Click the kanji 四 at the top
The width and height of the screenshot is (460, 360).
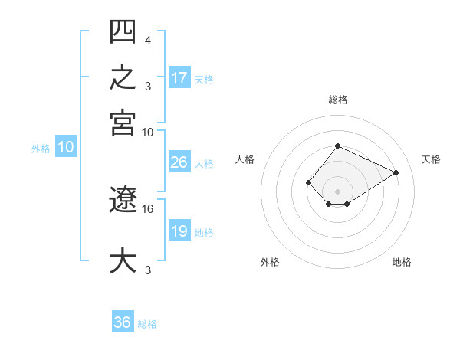[123, 31]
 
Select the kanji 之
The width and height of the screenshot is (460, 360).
[123, 77]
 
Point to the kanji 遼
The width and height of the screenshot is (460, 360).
[123, 199]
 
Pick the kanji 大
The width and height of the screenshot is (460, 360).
[123, 260]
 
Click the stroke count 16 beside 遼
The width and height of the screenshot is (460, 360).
[147, 209]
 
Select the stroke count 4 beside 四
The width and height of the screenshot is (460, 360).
[148, 40]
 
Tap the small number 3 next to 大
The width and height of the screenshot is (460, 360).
[148, 270]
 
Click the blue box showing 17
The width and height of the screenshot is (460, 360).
[180, 77]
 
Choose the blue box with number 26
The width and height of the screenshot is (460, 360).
[180, 162]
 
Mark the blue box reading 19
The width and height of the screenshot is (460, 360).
[180, 230]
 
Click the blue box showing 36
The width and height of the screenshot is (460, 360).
[123, 321]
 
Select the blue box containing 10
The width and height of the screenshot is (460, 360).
[66, 146]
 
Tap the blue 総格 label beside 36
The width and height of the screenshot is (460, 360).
[147, 324]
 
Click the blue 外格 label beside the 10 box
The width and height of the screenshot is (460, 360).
[41, 149]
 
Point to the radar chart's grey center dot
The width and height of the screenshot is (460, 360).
[337, 191]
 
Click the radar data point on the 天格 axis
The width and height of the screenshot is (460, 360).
[396, 172]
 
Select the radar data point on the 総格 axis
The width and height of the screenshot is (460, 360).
[337, 146]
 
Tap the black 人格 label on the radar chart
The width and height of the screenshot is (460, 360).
[245, 159]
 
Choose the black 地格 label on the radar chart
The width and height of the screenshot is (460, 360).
[402, 262]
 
